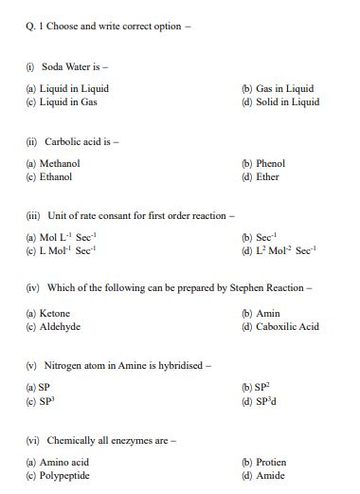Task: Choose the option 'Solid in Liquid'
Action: tap(287, 101)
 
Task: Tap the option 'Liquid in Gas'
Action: tap(68, 101)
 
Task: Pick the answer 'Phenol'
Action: tap(270, 163)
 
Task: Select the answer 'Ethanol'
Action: tap(56, 176)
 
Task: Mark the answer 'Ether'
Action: tap(267, 176)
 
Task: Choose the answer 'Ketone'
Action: tap(55, 313)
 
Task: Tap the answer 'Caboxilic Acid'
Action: tap(287, 326)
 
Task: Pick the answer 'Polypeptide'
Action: tap(64, 475)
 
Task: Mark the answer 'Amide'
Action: tap(270, 475)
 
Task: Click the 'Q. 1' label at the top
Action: tap(36, 26)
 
